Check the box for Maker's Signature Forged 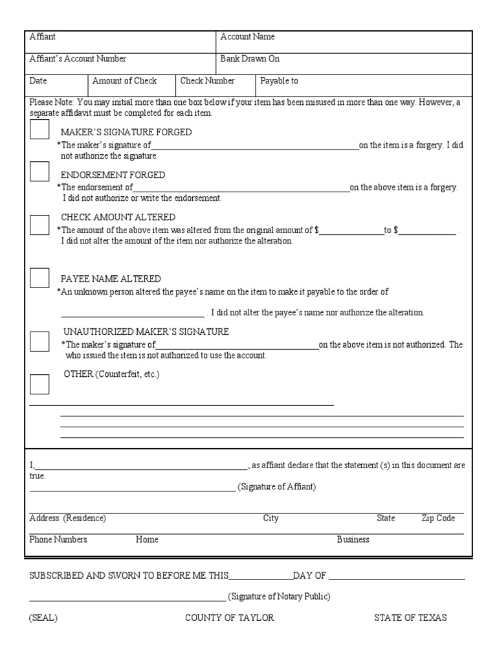[39, 130]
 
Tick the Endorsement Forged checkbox [39, 172]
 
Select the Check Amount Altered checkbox [39, 225]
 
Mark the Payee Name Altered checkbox [39, 278]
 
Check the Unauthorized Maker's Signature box [39, 341]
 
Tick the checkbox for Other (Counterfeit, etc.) [39, 384]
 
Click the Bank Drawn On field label [250, 59]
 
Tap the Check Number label [207, 81]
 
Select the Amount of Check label [124, 81]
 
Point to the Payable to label [279, 81]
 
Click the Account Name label [247, 37]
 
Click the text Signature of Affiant [277, 487]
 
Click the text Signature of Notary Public [279, 596]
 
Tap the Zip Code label [438, 519]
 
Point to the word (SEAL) [43, 618]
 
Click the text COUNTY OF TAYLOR [230, 618]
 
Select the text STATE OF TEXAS [410, 618]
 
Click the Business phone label [353, 539]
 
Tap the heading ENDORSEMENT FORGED [113, 175]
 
